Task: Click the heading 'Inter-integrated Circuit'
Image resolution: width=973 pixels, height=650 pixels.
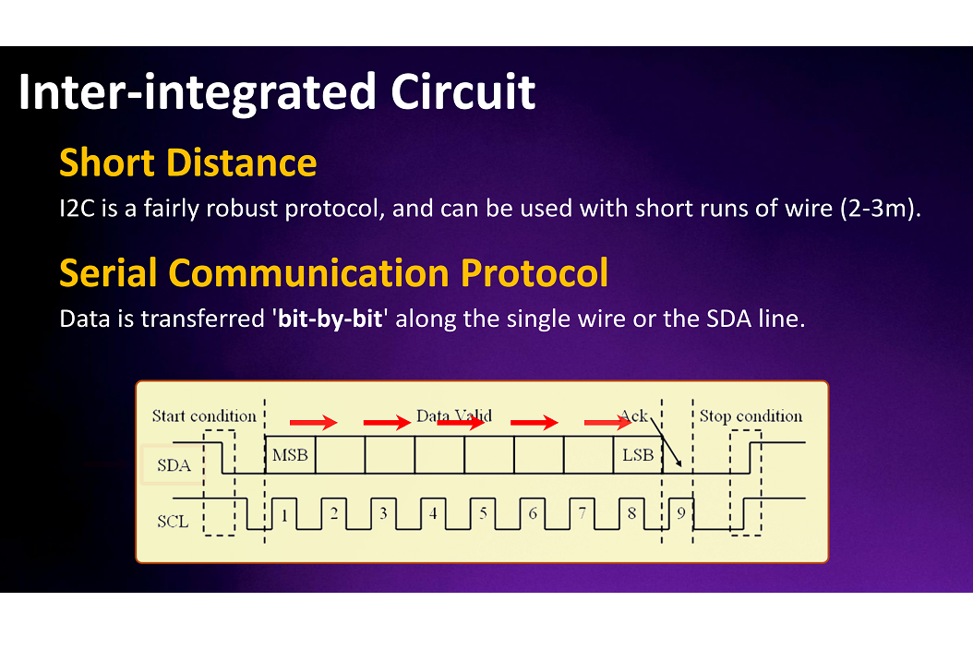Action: coord(277,92)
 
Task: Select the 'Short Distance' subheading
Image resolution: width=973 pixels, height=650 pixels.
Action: coord(187,163)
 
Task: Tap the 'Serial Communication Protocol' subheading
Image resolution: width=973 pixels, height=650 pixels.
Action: coord(333,273)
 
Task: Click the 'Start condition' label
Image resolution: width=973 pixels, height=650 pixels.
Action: coord(204,416)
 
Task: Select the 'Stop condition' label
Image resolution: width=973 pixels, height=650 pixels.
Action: coord(751,416)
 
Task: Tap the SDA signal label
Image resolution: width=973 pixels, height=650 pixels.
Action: coord(174,465)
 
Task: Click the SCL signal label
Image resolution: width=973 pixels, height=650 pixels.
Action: coord(173,521)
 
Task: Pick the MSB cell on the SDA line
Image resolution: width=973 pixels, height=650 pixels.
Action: coord(290,455)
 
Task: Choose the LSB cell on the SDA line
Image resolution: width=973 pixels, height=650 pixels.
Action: coord(638,455)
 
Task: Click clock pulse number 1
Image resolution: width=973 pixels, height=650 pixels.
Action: coord(284,514)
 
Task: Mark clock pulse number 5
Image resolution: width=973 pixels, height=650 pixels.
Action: coord(483,514)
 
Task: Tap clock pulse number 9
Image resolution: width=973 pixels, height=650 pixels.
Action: coord(680,514)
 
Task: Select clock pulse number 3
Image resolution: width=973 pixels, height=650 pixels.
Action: coord(383,514)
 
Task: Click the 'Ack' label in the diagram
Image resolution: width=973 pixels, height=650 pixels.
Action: coord(634,416)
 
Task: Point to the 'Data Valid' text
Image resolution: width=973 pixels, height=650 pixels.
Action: coord(454,416)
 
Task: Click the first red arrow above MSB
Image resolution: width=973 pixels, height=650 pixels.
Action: coord(313,423)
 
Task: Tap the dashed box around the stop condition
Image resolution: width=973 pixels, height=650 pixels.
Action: coord(746,483)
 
